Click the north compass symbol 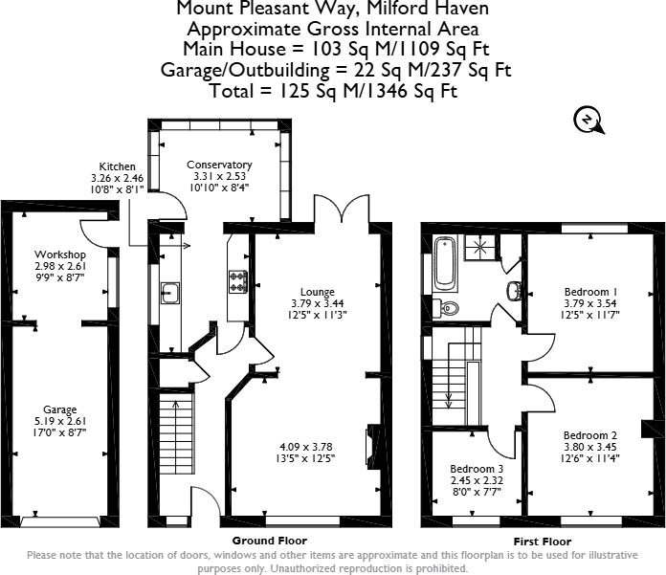tap(588, 122)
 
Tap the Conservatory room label tap(219, 165)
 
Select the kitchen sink tap(170, 293)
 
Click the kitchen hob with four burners tap(238, 281)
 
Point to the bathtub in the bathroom tap(445, 263)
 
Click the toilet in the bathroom tap(445, 306)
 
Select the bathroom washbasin tap(514, 291)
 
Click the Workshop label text tap(60, 254)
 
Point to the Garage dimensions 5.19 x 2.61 tap(60, 421)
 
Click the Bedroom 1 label tap(590, 292)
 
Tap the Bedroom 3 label tap(477, 469)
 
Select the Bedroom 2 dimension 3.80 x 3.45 tap(590, 447)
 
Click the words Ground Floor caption tap(269, 541)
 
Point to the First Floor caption tap(543, 542)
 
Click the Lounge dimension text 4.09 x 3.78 tap(306, 447)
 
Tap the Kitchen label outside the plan tap(118, 166)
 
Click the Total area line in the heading tap(334, 91)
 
